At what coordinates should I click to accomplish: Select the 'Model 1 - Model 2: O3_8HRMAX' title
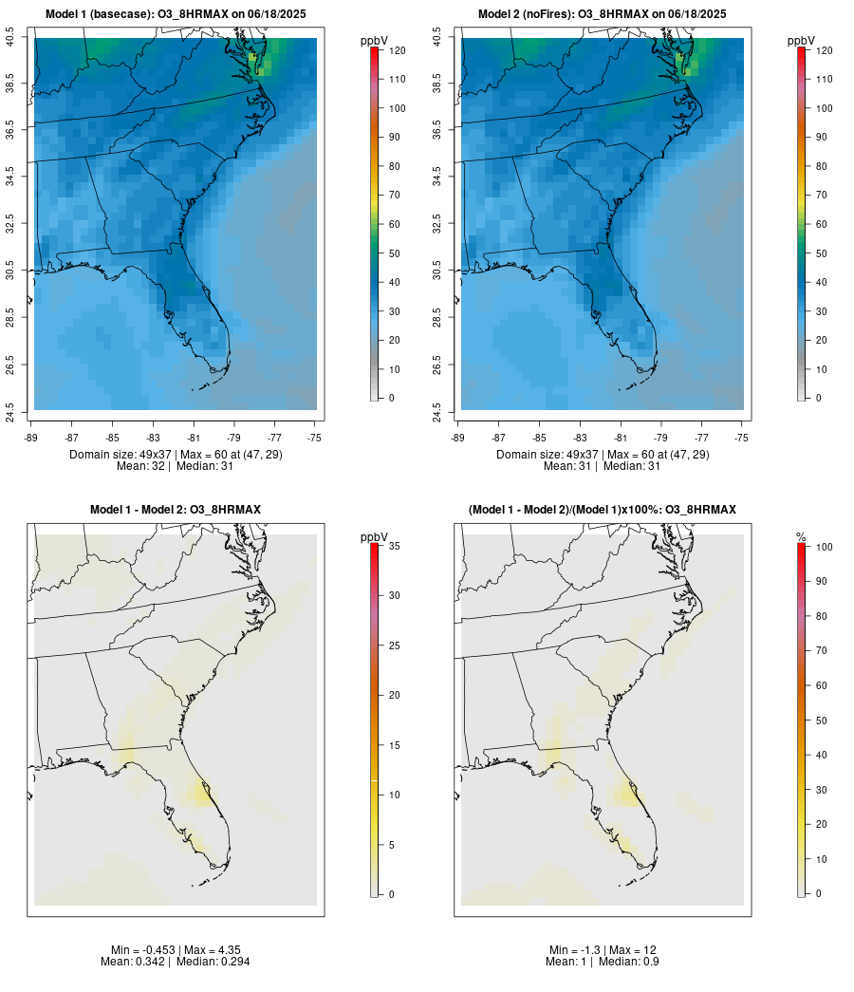[176, 510]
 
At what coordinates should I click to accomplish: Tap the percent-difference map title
[603, 510]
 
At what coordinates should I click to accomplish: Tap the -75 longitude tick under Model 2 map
[742, 438]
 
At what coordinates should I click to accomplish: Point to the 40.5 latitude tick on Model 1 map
[10, 38]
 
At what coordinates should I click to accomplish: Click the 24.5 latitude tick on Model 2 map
[437, 412]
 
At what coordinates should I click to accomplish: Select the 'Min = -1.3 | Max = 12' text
[603, 950]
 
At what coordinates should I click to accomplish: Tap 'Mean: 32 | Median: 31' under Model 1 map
[176, 466]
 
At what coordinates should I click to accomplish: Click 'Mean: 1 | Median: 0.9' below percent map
[603, 962]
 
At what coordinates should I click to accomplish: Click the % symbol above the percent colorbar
[801, 537]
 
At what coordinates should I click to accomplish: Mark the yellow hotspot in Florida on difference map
[200, 792]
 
